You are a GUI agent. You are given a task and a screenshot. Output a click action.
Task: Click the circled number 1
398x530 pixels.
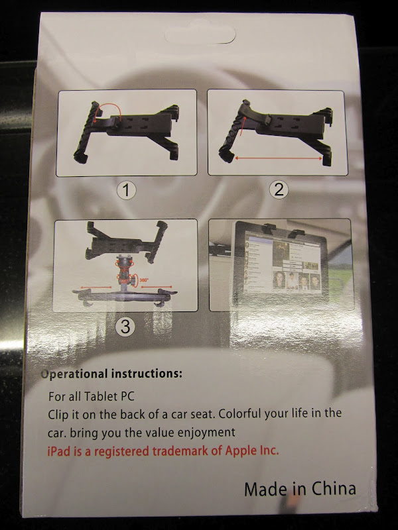click(x=126, y=190)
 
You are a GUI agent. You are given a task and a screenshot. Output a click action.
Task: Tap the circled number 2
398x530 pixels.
click(x=279, y=189)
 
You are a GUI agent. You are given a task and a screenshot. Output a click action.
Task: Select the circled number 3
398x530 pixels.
click(x=125, y=327)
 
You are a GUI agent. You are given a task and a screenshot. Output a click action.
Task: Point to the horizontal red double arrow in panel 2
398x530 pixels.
click(x=279, y=158)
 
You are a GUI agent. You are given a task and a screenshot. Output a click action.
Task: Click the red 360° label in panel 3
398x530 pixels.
click(x=144, y=280)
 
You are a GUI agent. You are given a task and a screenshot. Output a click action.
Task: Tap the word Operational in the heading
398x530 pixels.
click(x=74, y=374)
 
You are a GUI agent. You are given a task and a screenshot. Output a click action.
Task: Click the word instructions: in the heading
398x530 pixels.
click(x=147, y=373)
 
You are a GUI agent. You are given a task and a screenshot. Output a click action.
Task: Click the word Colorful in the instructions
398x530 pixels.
click(x=240, y=413)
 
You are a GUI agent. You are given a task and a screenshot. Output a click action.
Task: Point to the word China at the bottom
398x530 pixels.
click(x=334, y=488)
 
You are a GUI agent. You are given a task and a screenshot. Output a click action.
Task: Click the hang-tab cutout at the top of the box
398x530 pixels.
click(x=200, y=35)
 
